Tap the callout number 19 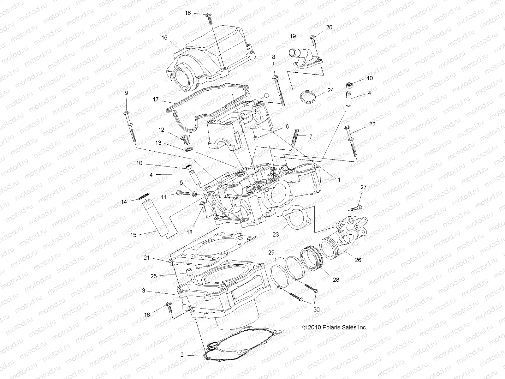pos(293,36)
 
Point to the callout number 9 pos(127,93)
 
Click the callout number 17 pos(155,99)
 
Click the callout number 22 pos(372,124)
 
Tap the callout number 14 pos(124,202)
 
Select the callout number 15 pos(133,235)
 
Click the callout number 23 pos(276,235)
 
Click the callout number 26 pos(358,260)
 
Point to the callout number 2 pos(182,355)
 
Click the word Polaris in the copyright pos(332,328)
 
